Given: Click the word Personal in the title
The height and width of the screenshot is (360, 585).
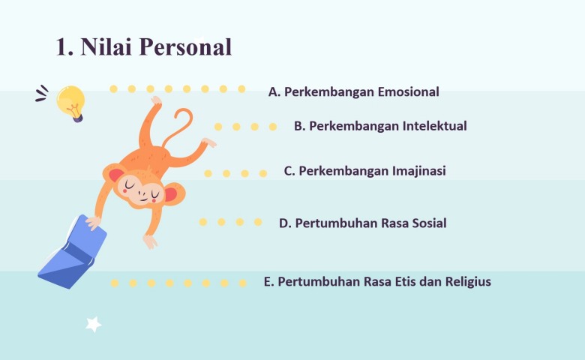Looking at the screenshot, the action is [x=186, y=47].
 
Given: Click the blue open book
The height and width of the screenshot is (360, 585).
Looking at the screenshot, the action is [x=73, y=252].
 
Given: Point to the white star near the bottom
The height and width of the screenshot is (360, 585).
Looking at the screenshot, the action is [x=93, y=324].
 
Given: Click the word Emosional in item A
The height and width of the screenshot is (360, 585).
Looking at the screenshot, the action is [x=408, y=91].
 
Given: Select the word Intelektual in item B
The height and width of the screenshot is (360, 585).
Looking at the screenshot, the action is [x=435, y=126].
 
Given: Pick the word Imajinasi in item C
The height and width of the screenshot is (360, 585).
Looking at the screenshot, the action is [x=418, y=171].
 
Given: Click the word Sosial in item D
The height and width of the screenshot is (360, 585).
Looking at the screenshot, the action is [x=429, y=223].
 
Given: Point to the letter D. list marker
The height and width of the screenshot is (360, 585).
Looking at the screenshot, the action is [x=285, y=223].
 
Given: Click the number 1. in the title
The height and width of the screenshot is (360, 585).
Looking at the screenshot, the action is [x=64, y=47].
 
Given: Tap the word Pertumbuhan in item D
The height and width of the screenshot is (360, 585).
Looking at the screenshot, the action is [x=331, y=223].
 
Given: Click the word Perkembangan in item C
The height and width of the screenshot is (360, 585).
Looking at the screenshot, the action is [x=343, y=171].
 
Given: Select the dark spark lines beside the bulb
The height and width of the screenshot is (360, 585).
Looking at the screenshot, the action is [x=42, y=93].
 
